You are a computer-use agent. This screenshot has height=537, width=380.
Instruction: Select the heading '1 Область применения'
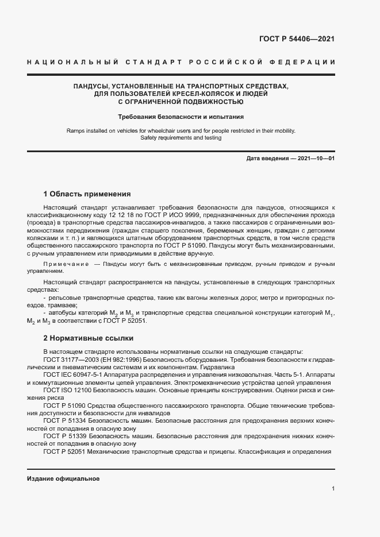click(87, 194)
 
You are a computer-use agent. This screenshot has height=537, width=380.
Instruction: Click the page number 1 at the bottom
click(333, 489)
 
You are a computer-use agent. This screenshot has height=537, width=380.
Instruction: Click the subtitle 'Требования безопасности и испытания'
click(181, 117)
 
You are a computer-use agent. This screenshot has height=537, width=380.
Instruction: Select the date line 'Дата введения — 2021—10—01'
click(290, 159)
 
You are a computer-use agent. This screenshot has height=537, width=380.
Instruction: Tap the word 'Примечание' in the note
click(66, 264)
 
